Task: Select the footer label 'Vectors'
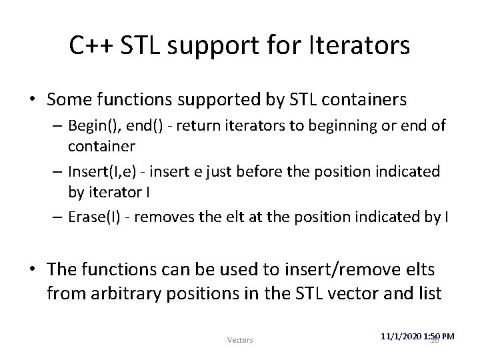(240, 340)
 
